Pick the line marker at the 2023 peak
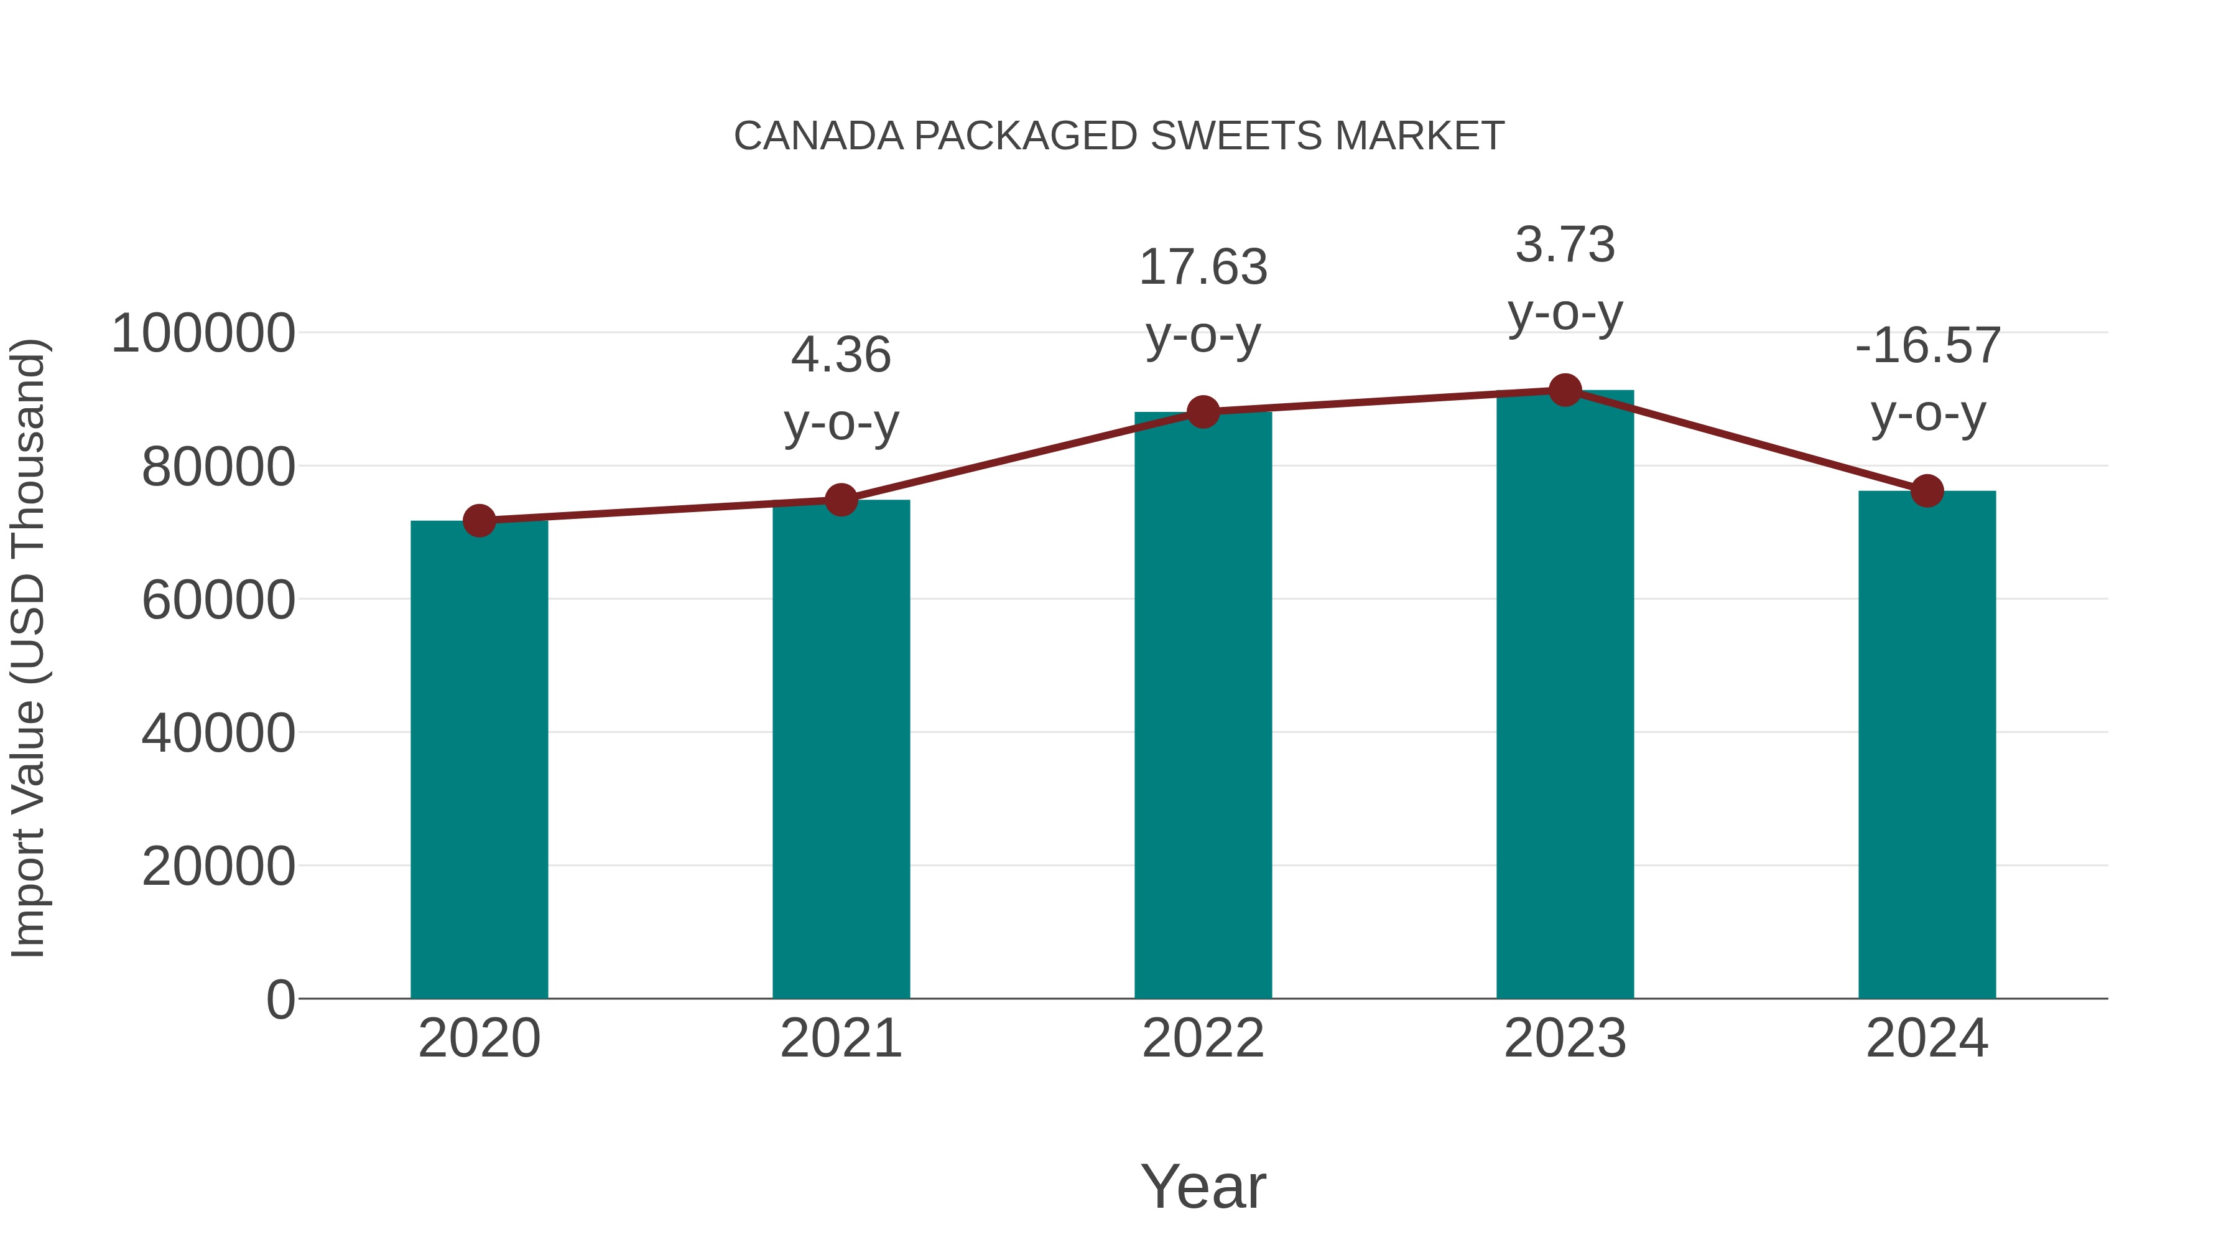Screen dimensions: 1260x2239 (x=1565, y=390)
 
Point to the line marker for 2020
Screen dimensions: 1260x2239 (x=479, y=521)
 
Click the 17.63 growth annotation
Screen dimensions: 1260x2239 (x=1203, y=268)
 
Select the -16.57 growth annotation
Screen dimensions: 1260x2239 (x=1927, y=346)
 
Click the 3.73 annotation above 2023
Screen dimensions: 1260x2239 (x=1565, y=245)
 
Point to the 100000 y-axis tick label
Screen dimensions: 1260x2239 (x=203, y=334)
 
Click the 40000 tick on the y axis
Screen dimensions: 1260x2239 (x=218, y=734)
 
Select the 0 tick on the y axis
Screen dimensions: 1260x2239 (x=280, y=1000)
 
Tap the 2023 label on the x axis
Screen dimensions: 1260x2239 (x=1565, y=1039)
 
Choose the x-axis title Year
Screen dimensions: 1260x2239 (x=1203, y=1187)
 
